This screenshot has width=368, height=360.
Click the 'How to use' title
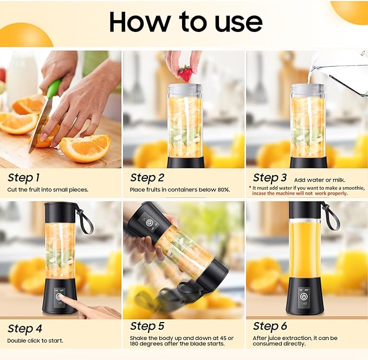tap(185, 22)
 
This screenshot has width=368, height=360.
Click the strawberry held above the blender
tap(185, 73)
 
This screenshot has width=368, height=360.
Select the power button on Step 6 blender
tap(304, 297)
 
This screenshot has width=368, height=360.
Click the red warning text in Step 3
tap(299, 193)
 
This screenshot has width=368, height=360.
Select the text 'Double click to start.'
tap(35, 340)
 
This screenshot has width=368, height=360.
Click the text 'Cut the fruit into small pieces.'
tap(48, 190)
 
